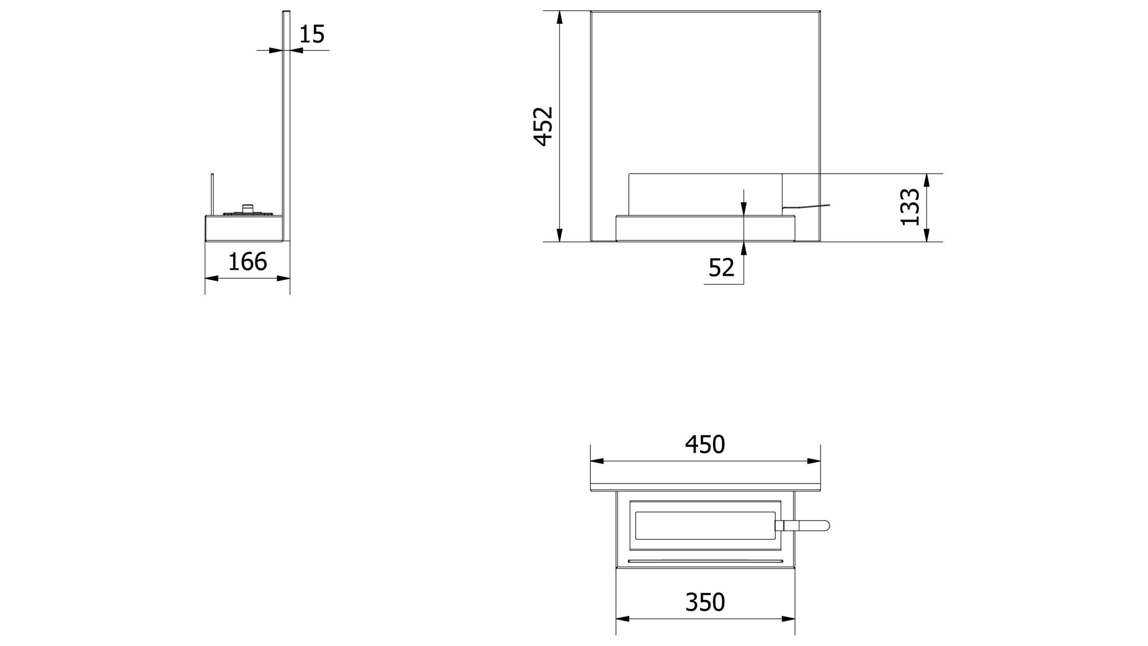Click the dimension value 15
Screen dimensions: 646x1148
coord(312,34)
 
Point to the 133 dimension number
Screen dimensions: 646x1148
coord(910,207)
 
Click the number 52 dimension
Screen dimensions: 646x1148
coord(721,268)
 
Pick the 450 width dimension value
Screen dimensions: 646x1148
coord(705,445)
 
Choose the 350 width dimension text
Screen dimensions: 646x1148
coord(705,602)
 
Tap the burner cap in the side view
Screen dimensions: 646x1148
coord(247,208)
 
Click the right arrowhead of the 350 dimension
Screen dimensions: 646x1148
coord(788,619)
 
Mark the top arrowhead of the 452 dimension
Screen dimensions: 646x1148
coord(560,17)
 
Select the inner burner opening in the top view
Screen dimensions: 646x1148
coord(705,526)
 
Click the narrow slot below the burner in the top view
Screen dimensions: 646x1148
coord(705,561)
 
